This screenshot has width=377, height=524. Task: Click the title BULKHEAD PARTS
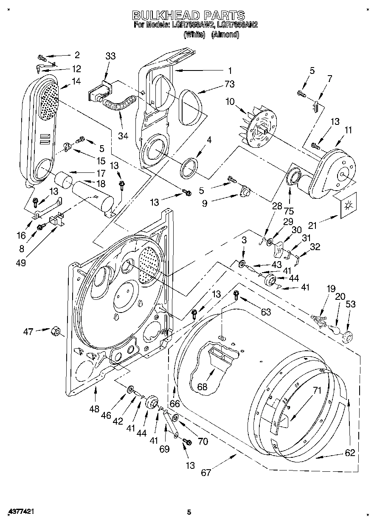coord(188,15)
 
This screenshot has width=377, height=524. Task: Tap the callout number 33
coord(110,56)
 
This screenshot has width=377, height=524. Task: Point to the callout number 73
coord(230,84)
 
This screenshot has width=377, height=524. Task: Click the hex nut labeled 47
coord(55,331)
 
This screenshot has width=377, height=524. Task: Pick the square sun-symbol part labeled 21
coord(348,206)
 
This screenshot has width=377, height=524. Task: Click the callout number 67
coord(206,473)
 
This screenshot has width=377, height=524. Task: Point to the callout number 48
coord(94,409)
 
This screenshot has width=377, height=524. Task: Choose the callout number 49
coord(20,263)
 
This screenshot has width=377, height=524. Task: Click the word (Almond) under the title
coord(225,35)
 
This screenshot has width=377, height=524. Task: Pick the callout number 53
coord(350,304)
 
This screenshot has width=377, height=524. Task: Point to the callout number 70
coord(203,441)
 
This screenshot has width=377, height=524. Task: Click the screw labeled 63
coord(236,293)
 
